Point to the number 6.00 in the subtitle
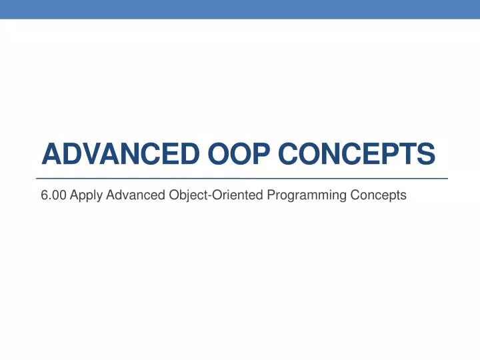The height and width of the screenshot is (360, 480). [53, 195]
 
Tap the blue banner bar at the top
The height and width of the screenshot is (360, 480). [240, 9]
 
